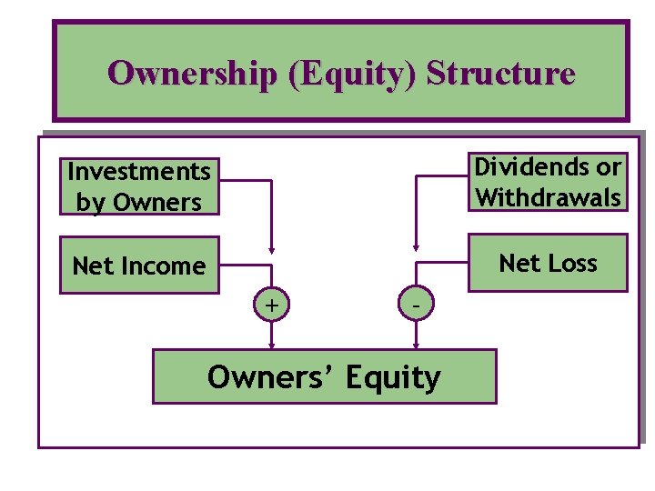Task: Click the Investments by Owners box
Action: coord(139,186)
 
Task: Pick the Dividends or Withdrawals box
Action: coord(549,182)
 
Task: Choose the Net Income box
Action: coord(139,266)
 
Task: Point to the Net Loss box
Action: coord(549,263)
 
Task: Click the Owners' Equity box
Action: coord(324,376)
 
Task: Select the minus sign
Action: coord(416,307)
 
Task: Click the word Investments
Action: coord(139,171)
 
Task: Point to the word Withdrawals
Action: coord(549,197)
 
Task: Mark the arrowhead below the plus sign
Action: coord(271,345)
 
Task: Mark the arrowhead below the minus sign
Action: coord(416,345)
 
